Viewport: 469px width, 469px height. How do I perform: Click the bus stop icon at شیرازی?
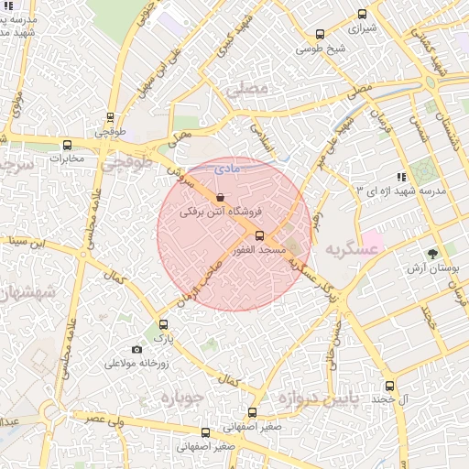362,14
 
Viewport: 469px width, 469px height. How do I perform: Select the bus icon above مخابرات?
67,145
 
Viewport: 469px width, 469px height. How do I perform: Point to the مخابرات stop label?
66,158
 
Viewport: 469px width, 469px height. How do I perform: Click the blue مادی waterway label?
224,169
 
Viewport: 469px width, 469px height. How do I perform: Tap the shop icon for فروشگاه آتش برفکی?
219,197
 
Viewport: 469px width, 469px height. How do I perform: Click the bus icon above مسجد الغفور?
259,235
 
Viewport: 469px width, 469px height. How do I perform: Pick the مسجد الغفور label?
259,249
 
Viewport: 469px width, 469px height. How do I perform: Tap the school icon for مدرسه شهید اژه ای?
400,176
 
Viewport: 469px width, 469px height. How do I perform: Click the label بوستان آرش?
431,268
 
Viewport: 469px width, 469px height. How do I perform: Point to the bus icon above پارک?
164,324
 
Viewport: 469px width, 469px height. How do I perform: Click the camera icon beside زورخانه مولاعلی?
137,349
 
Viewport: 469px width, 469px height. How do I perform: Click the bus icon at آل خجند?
390,387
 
